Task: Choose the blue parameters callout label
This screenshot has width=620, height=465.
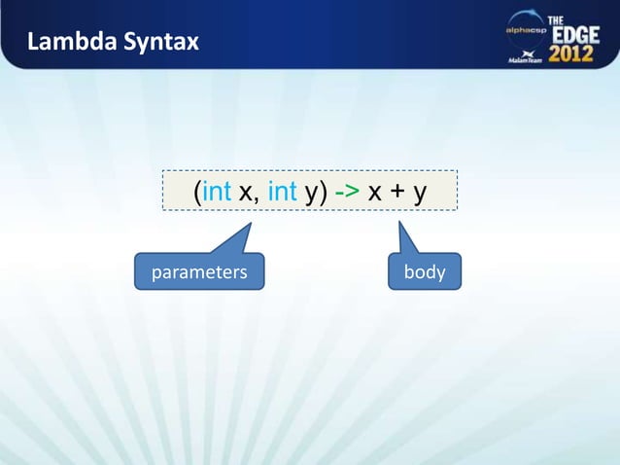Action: (198, 272)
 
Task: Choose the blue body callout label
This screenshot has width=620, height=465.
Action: (425, 272)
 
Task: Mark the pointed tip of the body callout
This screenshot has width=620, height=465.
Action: (399, 221)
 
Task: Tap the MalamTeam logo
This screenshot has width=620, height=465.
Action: (526, 57)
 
